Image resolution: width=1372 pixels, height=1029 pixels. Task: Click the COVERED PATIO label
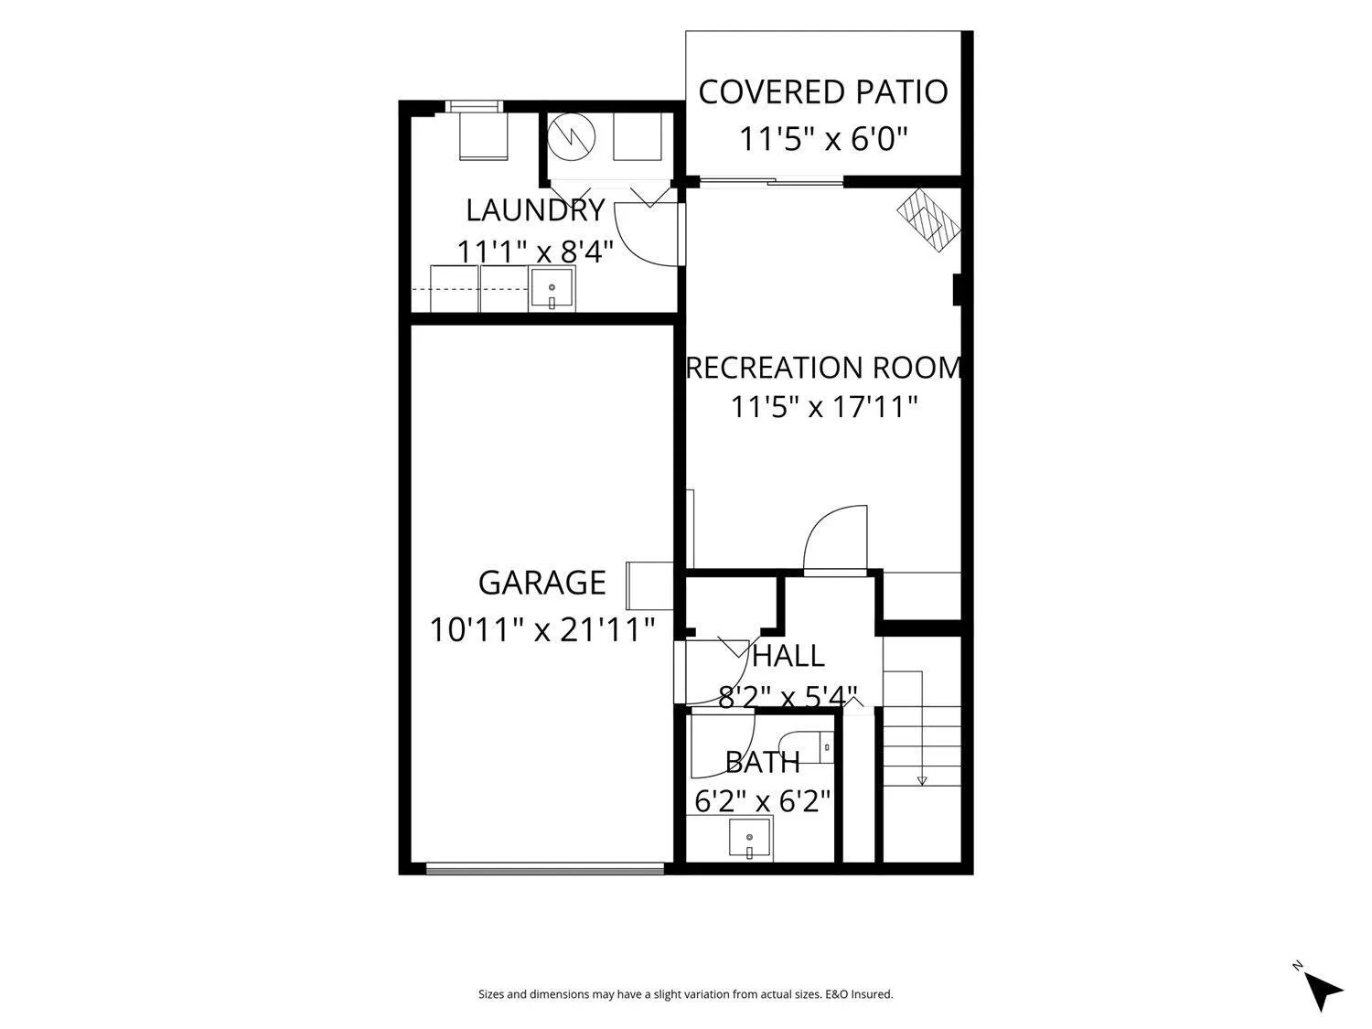(x=822, y=91)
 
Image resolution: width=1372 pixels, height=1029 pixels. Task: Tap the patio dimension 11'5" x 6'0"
(x=822, y=139)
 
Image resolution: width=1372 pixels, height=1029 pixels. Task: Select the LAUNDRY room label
(x=536, y=210)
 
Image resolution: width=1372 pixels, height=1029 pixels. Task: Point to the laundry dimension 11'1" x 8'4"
(x=536, y=252)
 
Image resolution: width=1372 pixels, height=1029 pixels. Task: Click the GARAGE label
(x=541, y=583)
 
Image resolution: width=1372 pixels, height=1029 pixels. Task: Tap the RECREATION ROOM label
(x=824, y=368)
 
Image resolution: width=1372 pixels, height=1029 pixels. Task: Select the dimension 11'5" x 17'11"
(x=824, y=407)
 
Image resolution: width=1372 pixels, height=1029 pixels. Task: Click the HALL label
(x=788, y=656)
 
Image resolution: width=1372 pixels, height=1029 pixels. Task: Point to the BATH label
(x=763, y=762)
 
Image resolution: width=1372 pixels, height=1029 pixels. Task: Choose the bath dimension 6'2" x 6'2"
(x=763, y=800)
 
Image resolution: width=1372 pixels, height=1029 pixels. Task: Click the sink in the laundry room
(x=552, y=289)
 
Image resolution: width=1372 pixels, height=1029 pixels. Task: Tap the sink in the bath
(x=750, y=839)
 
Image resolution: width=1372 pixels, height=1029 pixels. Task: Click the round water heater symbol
(x=572, y=137)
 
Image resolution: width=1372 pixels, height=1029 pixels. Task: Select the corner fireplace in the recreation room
(x=928, y=220)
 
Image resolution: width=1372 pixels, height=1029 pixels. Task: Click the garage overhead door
(x=545, y=867)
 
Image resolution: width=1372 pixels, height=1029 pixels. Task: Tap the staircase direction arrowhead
(x=922, y=780)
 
